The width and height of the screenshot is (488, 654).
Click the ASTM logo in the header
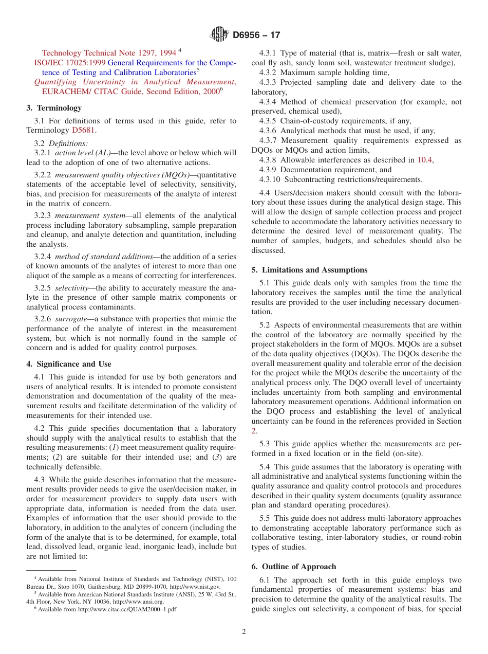(219, 35)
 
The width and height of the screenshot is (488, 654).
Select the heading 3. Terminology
(54, 108)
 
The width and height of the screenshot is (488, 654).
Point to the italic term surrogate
(71, 319)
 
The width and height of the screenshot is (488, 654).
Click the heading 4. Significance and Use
(69, 364)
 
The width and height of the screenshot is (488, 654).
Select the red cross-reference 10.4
(424, 160)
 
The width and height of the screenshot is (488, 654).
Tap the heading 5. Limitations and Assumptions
(309, 270)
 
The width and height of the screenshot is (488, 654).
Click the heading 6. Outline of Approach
(294, 567)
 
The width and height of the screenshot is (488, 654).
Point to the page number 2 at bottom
(244, 632)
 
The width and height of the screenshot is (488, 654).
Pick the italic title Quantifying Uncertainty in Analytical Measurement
(134, 82)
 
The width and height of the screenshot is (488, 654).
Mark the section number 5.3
(265, 444)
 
